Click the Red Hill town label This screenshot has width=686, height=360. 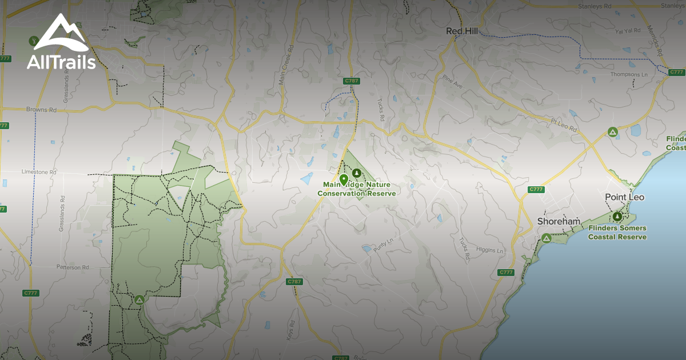(x=461, y=31)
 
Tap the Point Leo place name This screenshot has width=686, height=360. (x=624, y=197)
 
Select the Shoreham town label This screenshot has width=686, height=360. (x=559, y=222)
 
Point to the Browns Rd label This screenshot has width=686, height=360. (x=42, y=109)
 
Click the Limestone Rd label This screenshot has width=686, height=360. (x=39, y=171)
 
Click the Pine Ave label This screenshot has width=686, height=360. (x=452, y=82)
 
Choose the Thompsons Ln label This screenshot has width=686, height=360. (x=629, y=74)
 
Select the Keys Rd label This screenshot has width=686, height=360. (x=292, y=331)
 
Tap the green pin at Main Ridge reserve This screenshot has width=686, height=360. (x=344, y=179)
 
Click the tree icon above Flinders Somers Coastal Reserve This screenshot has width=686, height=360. (x=617, y=217)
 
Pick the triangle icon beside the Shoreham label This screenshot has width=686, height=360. (x=547, y=238)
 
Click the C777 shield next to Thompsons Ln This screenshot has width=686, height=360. (x=676, y=72)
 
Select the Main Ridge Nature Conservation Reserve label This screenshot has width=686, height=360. (x=356, y=189)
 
